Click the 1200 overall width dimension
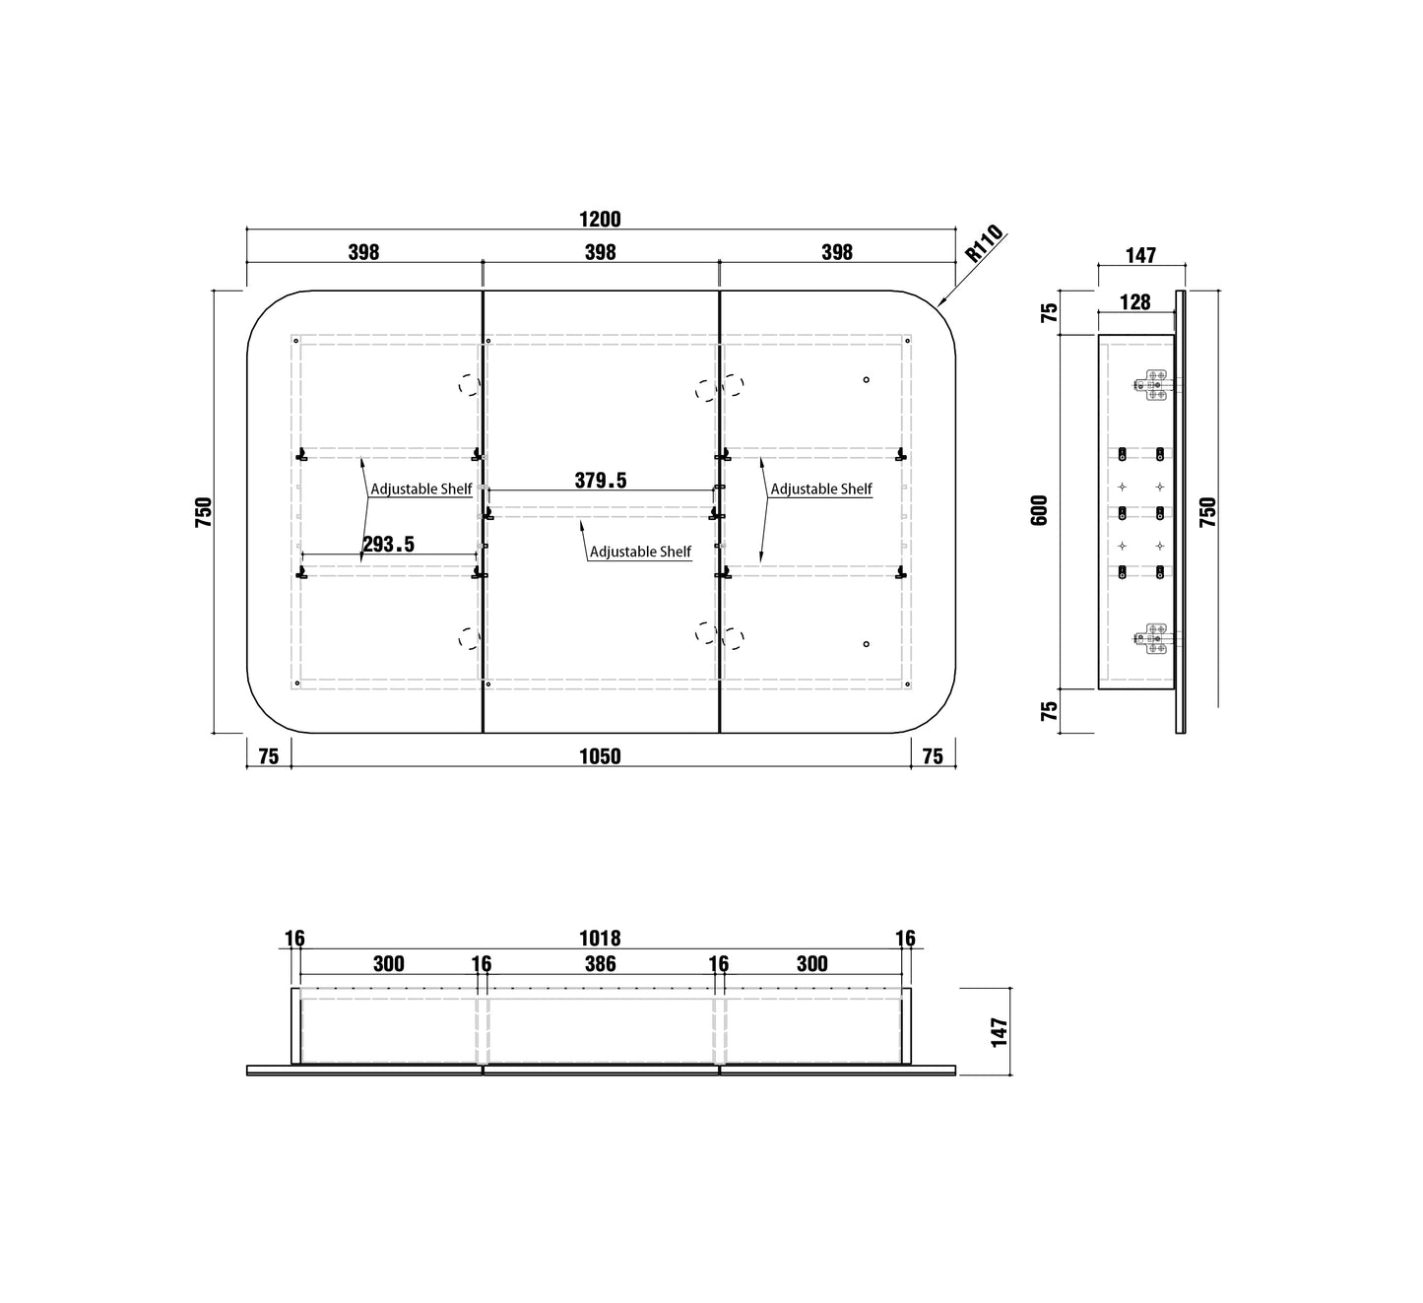coord(600,220)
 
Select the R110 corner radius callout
coord(985,243)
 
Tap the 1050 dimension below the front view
coord(600,756)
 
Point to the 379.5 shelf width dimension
coord(601,481)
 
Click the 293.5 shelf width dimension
coord(389,545)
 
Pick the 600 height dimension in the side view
coord(1039,510)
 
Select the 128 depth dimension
coord(1135,302)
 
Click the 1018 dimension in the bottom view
coord(600,939)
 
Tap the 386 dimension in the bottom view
coord(600,964)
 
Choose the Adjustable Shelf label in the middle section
coord(640,553)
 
